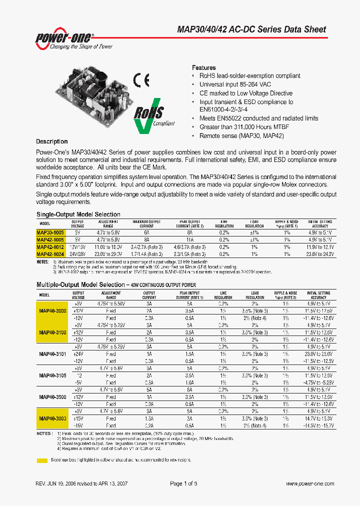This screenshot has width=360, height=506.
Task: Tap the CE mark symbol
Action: (141, 80)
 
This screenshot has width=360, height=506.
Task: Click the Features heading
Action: (204, 67)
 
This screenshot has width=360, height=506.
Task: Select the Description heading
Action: (51, 141)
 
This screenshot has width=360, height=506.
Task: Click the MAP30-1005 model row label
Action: (50, 232)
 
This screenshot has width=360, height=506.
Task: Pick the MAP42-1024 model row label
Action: (50, 254)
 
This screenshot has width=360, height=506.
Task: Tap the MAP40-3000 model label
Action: (52, 310)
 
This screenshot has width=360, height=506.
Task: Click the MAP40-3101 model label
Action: (52, 353)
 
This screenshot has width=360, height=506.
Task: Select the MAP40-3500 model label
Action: (52, 396)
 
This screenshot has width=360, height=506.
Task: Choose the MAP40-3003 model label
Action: (52, 418)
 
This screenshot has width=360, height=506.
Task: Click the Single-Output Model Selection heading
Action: (78, 214)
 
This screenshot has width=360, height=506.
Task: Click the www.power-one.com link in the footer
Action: (309, 483)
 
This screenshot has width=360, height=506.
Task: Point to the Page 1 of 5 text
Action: (183, 483)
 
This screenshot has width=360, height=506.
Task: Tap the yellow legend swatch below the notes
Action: (42, 459)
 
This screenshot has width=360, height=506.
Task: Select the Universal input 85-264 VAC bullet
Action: (235, 84)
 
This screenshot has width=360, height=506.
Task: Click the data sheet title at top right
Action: (251, 29)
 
